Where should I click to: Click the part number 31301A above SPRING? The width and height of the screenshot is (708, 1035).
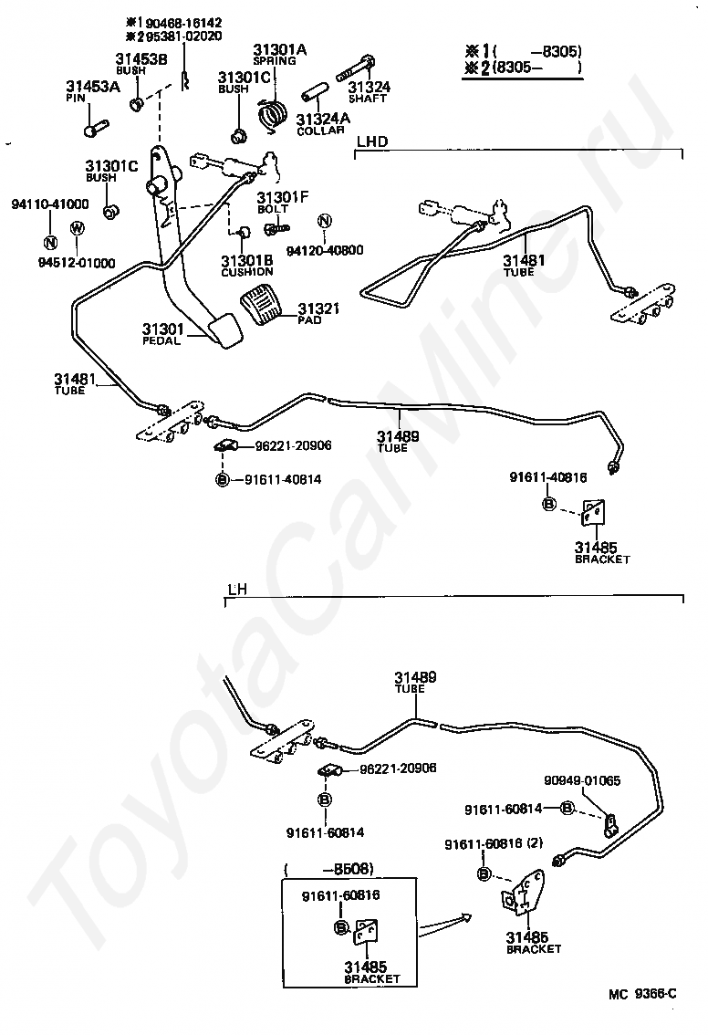[279, 49]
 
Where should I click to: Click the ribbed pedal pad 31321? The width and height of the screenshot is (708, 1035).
[263, 304]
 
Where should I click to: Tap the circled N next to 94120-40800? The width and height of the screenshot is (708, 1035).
[325, 222]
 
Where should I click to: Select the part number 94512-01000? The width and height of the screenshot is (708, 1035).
[77, 263]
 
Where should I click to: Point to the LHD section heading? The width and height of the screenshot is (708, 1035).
[372, 141]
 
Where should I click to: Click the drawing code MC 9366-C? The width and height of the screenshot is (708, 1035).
[643, 994]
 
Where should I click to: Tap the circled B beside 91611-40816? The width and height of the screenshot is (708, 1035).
[549, 504]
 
